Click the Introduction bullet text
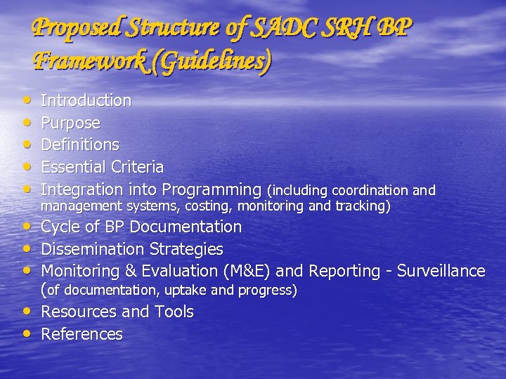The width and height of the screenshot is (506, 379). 86,100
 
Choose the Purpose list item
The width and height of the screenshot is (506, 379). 70,123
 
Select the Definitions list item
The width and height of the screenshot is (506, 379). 80,145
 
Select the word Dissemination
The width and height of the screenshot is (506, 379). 93,249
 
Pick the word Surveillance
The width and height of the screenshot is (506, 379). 441,271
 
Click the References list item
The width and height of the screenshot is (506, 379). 82,334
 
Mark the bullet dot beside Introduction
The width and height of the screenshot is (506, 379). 27,100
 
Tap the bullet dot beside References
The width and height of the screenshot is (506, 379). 27,333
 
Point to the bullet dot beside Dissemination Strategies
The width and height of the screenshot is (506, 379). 27,248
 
